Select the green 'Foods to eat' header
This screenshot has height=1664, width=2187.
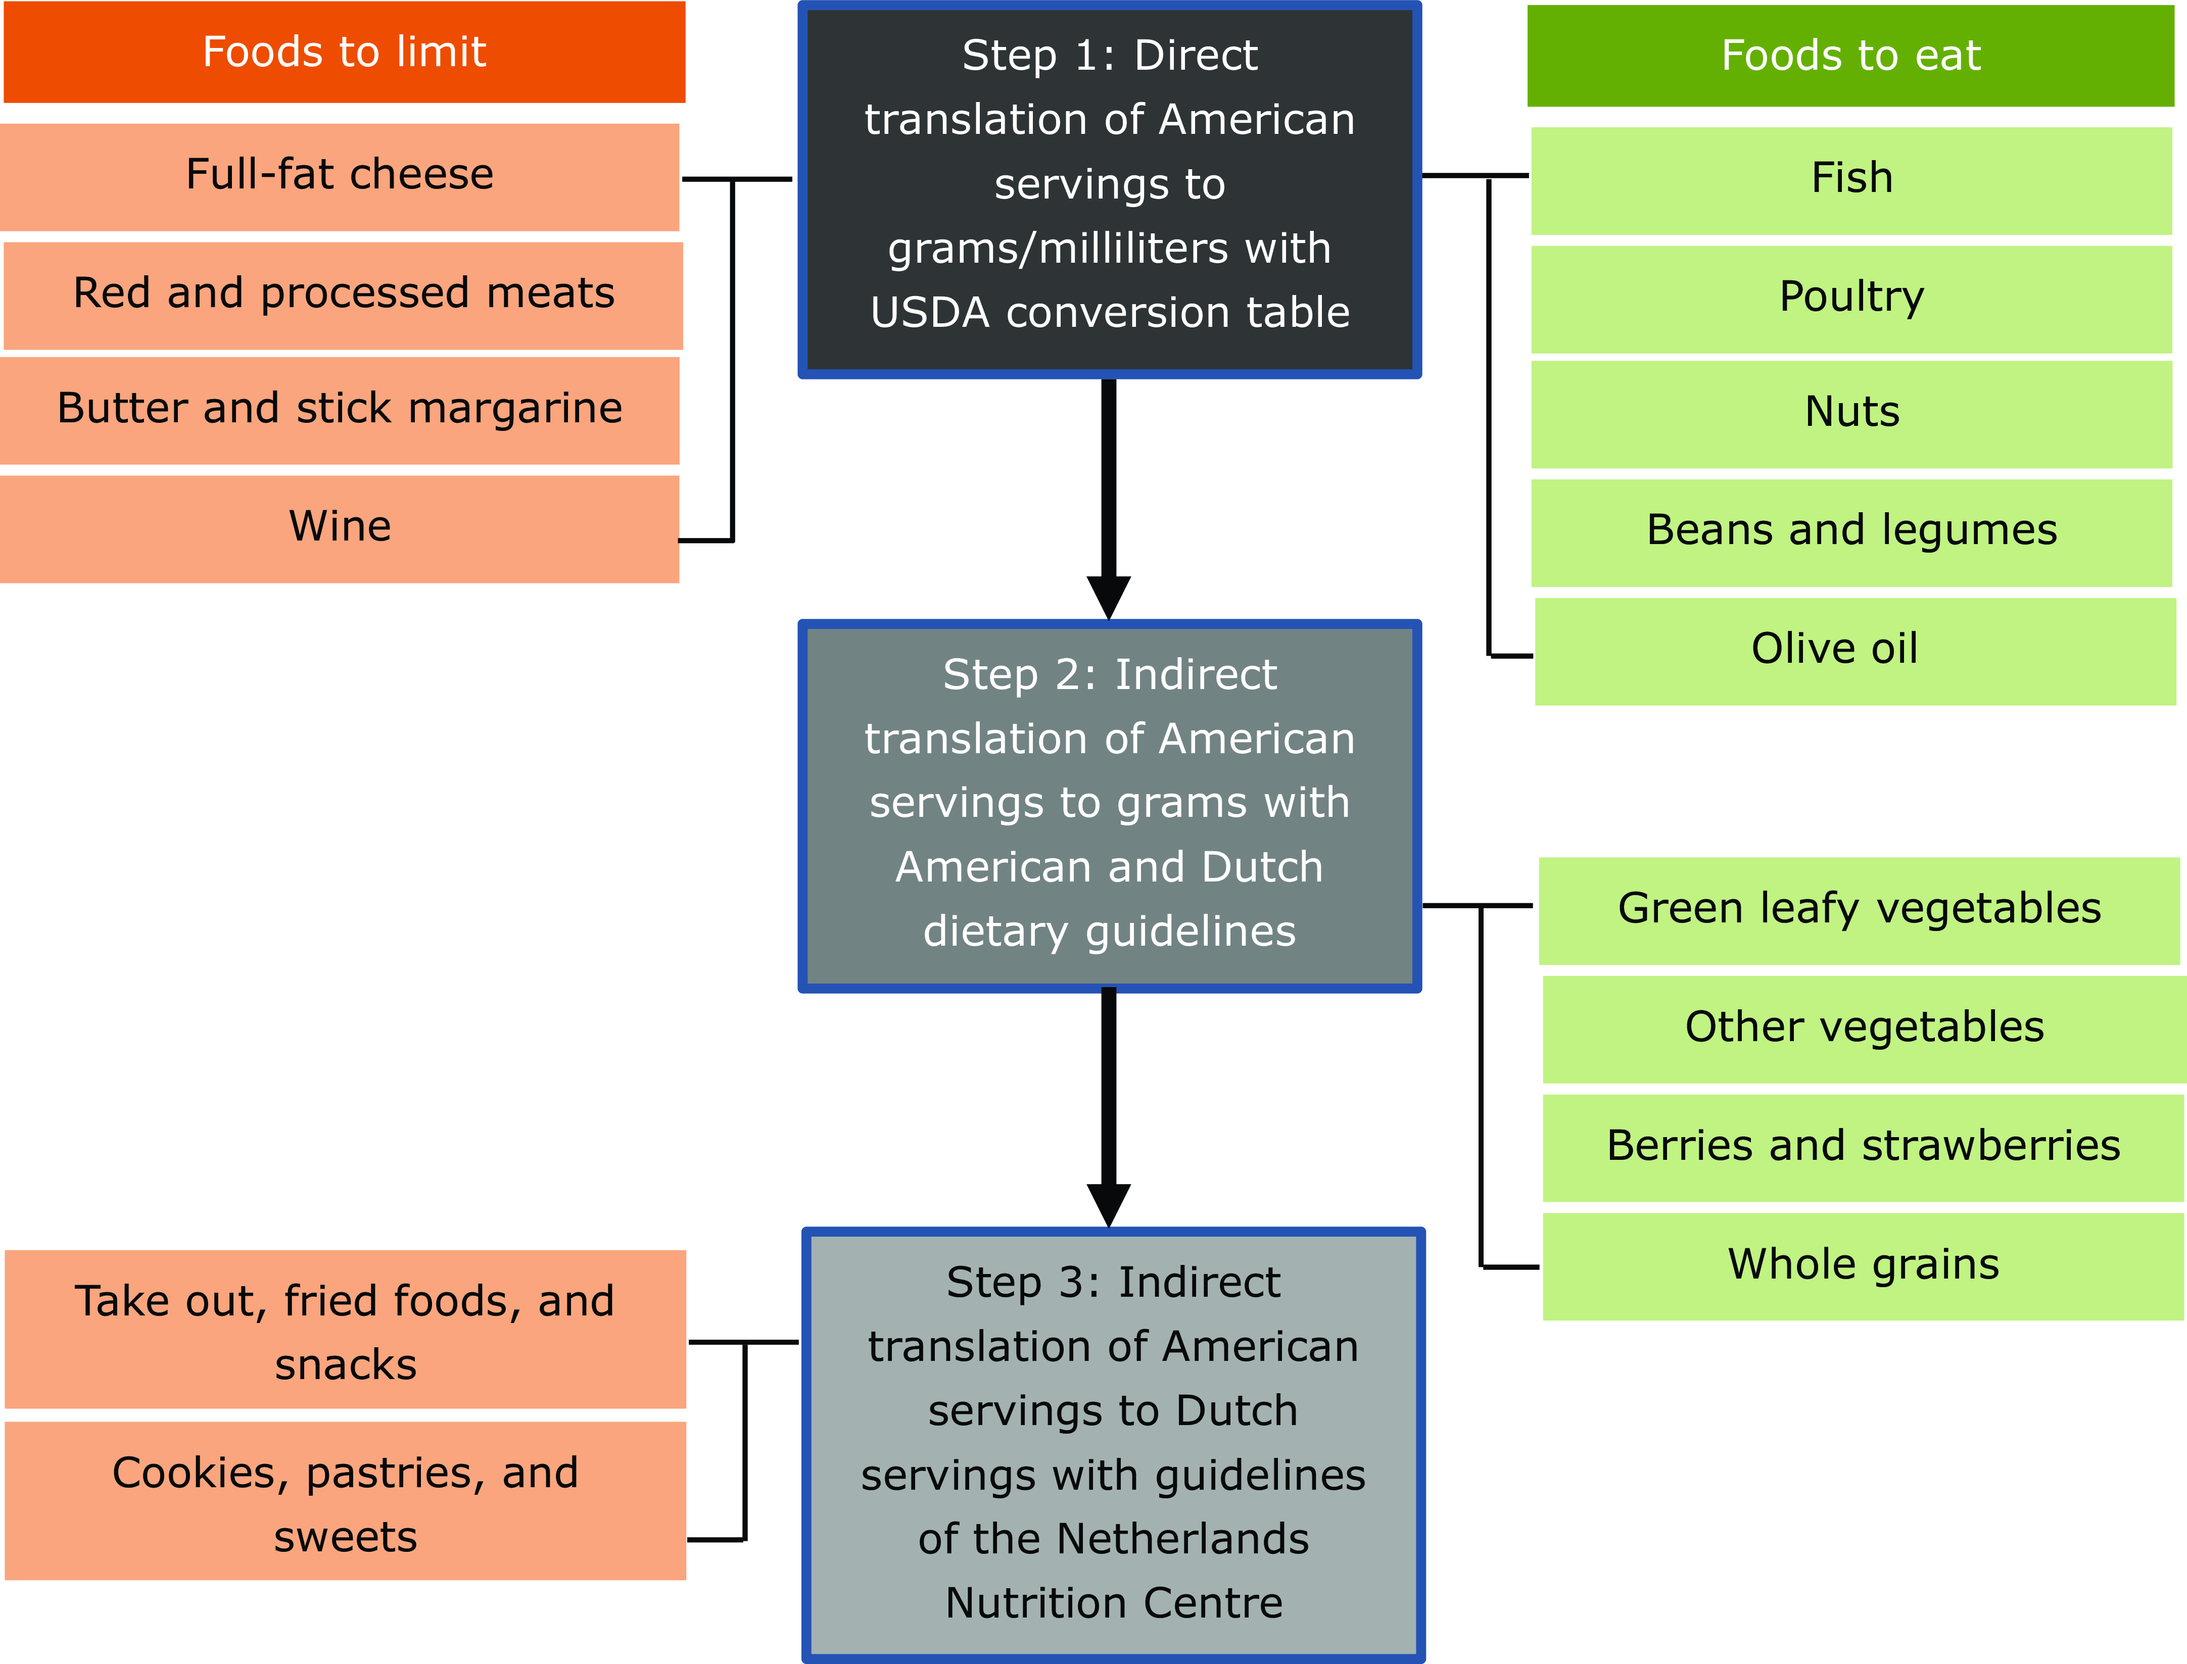click(x=1850, y=56)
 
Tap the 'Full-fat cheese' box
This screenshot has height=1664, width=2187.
click(x=340, y=176)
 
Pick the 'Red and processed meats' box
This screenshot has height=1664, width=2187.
click(x=344, y=295)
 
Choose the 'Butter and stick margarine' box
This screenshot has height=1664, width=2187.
click(x=340, y=410)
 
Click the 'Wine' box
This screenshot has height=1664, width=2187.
click(x=340, y=528)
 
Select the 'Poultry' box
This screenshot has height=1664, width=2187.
click(x=1851, y=298)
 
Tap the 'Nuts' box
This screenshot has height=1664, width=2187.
click(x=1851, y=413)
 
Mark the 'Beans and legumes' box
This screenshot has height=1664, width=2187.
click(x=1851, y=532)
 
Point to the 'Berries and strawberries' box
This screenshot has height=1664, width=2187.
click(x=1863, y=1147)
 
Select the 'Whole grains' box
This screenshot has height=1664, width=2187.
click(x=1863, y=1266)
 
